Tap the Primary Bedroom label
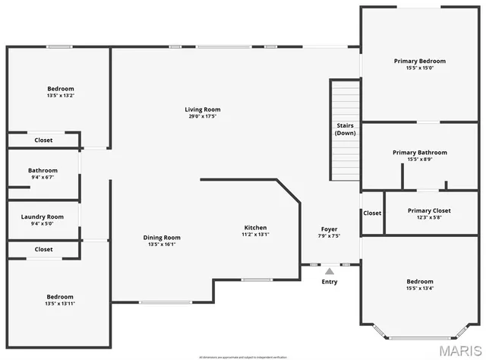click(419, 61)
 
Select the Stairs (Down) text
click(346, 129)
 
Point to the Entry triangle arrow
click(330, 270)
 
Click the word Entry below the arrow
click(330, 282)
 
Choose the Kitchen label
click(255, 228)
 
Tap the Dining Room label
click(162, 237)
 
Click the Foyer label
click(329, 229)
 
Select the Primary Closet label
click(429, 210)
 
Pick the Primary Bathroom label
click(419, 153)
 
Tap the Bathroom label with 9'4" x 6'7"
click(43, 171)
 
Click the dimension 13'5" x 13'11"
click(60, 303)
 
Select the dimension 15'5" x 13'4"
click(419, 288)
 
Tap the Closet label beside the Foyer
click(372, 213)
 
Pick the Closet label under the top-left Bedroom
click(43, 140)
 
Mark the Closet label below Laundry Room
click(43, 249)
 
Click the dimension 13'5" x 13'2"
click(60, 96)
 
